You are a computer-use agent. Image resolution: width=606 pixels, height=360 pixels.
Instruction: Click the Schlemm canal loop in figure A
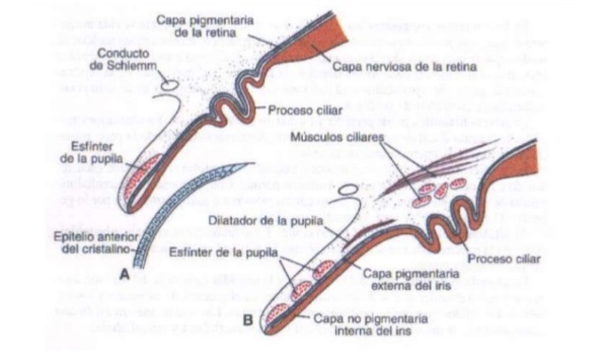point(169,85)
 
